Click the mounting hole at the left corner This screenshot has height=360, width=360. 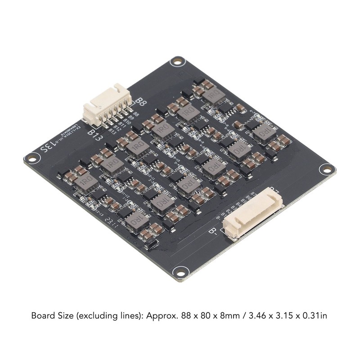[x=31, y=158]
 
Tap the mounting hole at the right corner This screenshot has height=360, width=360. [x=325, y=170]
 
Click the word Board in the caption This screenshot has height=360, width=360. [x=42, y=315]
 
